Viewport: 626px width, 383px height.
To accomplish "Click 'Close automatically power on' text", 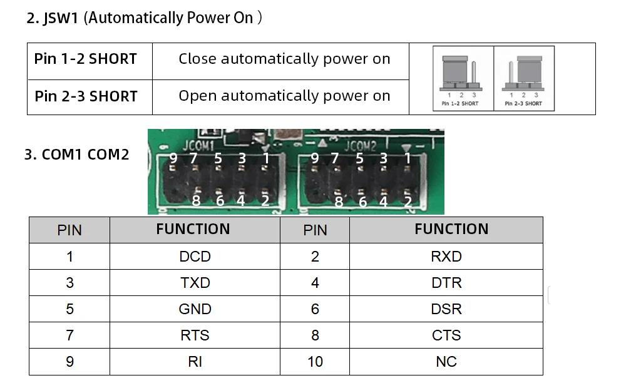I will pyautogui.click(x=284, y=59).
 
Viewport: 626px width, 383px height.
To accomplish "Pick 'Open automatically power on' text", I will pyautogui.click(x=284, y=96).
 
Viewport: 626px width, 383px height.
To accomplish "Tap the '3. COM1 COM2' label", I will pyautogui.click(x=76, y=155).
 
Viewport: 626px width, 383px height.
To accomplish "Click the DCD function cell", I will pyautogui.click(x=195, y=257).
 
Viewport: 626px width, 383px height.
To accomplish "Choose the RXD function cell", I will pyautogui.click(x=446, y=257).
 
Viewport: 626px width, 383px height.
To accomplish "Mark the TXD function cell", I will pyautogui.click(x=195, y=283).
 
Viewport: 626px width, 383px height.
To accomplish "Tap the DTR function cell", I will pyautogui.click(x=446, y=283).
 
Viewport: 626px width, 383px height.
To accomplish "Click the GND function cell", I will pyautogui.click(x=195, y=309).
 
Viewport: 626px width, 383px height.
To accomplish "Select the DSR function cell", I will pyautogui.click(x=446, y=309).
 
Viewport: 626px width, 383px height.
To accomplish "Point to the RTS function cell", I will pyautogui.click(x=195, y=335).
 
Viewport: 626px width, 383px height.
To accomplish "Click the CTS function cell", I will pyautogui.click(x=446, y=335).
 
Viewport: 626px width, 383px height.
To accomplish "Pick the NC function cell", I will pyautogui.click(x=446, y=362).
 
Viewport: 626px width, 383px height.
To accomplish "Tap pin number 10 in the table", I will pyautogui.click(x=315, y=362).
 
